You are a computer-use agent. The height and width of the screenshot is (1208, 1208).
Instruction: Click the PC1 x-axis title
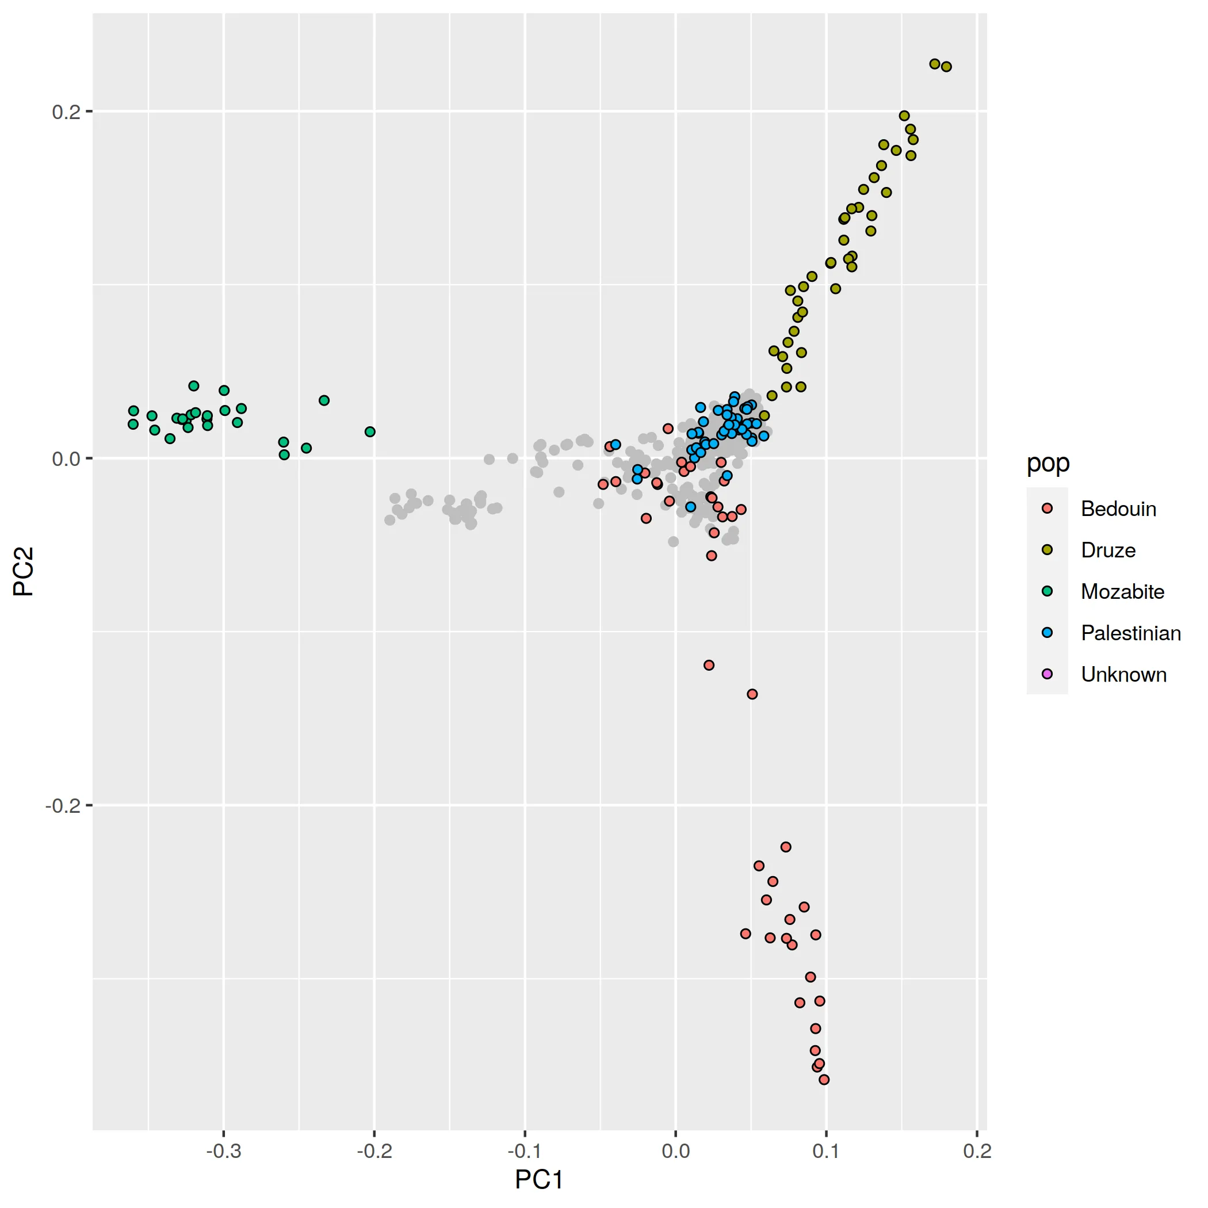tap(539, 1179)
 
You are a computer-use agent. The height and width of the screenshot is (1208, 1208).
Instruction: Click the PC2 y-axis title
tap(24, 571)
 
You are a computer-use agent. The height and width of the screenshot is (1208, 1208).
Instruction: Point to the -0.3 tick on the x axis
tap(224, 1151)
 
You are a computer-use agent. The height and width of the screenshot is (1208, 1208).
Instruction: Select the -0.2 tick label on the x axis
tap(374, 1151)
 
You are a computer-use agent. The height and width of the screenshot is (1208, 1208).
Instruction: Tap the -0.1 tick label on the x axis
tap(525, 1151)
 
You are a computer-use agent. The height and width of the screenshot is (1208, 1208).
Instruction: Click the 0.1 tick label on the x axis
tap(826, 1151)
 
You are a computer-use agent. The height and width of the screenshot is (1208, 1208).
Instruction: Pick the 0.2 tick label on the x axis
tap(977, 1151)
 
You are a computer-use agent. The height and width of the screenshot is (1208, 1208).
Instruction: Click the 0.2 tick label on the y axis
tap(66, 112)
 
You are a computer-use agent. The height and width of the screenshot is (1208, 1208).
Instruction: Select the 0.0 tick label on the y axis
tap(66, 459)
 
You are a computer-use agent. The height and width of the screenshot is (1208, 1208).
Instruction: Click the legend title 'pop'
tap(1048, 463)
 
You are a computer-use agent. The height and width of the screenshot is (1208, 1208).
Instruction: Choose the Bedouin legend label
tap(1118, 509)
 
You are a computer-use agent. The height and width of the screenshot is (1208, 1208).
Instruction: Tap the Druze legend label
tap(1108, 551)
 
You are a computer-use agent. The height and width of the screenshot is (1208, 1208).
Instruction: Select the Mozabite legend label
tap(1122, 591)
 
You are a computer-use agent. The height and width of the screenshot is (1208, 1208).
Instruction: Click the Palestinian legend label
tap(1130, 633)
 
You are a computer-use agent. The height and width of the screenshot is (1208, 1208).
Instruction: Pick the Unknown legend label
tap(1123, 674)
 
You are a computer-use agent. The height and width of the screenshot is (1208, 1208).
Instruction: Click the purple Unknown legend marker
tap(1048, 674)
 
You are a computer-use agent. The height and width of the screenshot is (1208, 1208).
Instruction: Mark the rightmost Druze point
tap(946, 67)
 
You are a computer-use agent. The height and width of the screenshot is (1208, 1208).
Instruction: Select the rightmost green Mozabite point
tap(370, 431)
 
